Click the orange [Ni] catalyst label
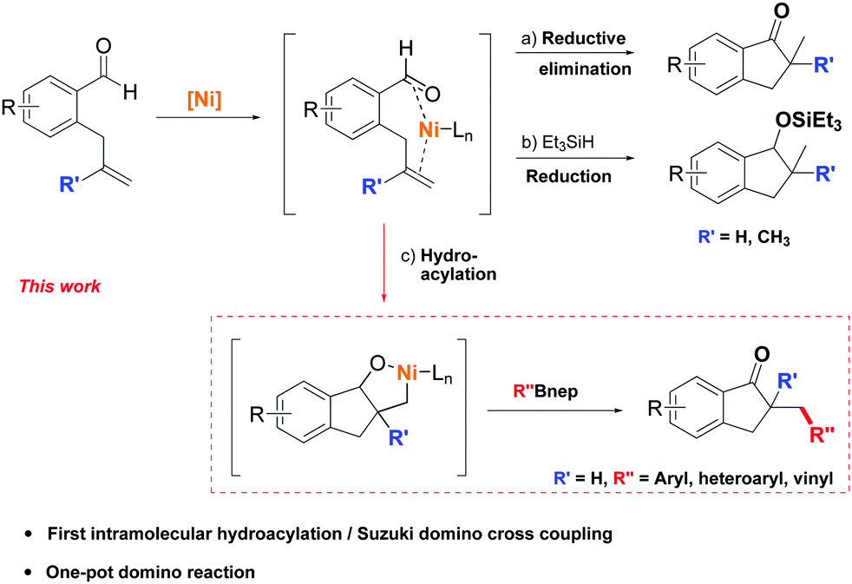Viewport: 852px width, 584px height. click(205, 100)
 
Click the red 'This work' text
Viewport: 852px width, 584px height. click(60, 286)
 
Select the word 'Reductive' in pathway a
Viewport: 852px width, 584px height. click(584, 38)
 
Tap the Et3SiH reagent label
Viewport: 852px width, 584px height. click(567, 143)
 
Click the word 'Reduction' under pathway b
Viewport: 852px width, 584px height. click(569, 176)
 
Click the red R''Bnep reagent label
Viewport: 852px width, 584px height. click(546, 390)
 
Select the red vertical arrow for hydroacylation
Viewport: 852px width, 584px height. click(384, 261)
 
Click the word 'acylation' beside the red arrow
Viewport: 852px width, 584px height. click(459, 274)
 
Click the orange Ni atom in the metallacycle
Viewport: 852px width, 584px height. click(408, 372)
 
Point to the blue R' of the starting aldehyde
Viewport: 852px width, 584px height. click(68, 185)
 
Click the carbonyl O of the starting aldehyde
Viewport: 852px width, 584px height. click(103, 46)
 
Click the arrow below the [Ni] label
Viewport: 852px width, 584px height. click(208, 117)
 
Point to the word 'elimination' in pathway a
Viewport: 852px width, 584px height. click(585, 69)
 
